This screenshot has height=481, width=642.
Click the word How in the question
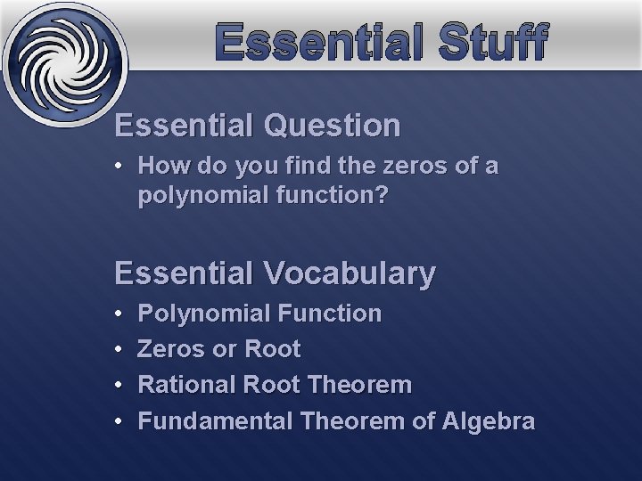[159, 166]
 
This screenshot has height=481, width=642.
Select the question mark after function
[383, 194]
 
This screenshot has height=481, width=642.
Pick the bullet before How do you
[120, 167]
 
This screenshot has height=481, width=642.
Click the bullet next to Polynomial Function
[120, 314]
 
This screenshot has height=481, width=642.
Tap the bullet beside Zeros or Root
[120, 349]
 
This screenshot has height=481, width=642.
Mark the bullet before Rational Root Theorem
[120, 386]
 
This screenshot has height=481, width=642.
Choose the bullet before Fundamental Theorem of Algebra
[120, 421]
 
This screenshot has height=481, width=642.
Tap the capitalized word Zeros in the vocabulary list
[171, 349]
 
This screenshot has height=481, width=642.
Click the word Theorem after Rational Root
[358, 385]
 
